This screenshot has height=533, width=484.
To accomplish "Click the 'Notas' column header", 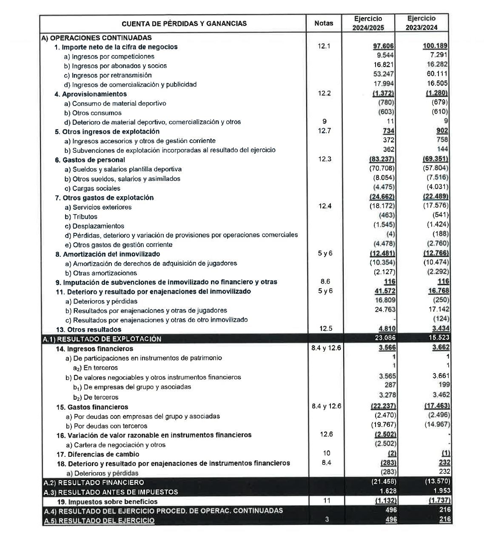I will pyautogui.click(x=324, y=23).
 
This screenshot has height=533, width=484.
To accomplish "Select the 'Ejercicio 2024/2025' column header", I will pyautogui.click(x=368, y=23).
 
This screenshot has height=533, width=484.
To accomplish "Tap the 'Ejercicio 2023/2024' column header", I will pyautogui.click(x=421, y=23).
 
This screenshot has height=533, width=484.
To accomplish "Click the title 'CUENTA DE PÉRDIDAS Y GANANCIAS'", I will pyautogui.click(x=184, y=23).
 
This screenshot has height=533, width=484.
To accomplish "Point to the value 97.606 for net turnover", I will pyautogui.click(x=383, y=46).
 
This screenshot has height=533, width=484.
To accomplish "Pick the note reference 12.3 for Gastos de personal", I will pyautogui.click(x=324, y=159).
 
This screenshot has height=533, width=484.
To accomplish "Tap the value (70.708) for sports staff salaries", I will pyautogui.click(x=382, y=169).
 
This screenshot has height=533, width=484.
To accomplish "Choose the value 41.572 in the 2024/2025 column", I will pyautogui.click(x=384, y=291).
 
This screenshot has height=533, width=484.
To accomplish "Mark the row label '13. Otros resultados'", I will pyautogui.click(x=88, y=330).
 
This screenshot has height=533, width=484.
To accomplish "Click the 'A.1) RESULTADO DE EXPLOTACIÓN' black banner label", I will pyautogui.click(x=102, y=339).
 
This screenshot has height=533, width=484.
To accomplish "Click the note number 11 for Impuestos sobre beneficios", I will pyautogui.click(x=326, y=501).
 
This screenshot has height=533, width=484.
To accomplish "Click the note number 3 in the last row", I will pyautogui.click(x=326, y=519).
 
